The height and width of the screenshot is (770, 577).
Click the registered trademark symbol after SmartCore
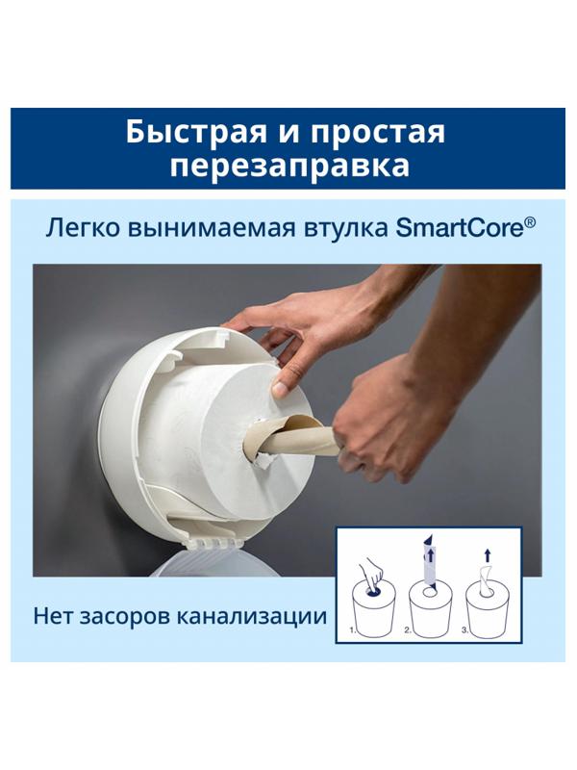[x=529, y=222]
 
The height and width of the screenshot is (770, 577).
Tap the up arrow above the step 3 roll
[x=488, y=556]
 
